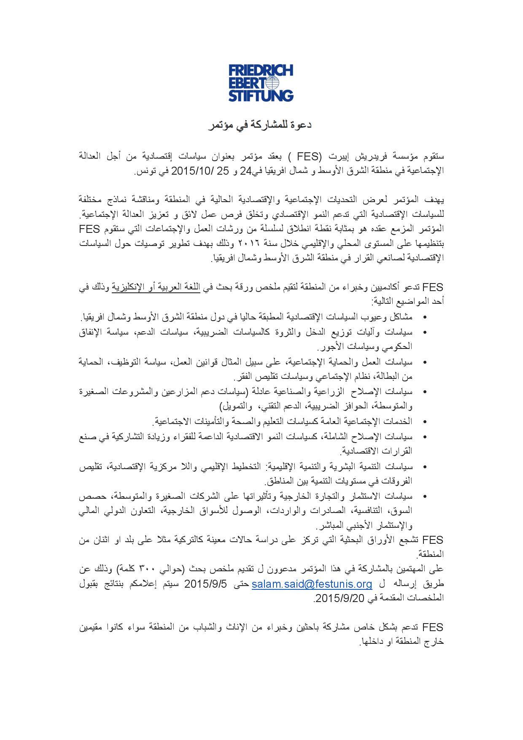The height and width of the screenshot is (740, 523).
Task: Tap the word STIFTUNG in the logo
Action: pyautogui.click(x=261, y=95)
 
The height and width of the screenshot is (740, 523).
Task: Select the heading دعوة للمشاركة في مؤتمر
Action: pyautogui.click(x=261, y=125)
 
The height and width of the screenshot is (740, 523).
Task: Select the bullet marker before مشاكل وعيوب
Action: pyautogui.click(x=424, y=316)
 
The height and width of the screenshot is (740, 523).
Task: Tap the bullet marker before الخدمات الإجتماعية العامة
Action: pyautogui.click(x=424, y=421)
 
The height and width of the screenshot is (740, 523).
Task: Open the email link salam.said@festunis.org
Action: pyautogui.click(x=312, y=584)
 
